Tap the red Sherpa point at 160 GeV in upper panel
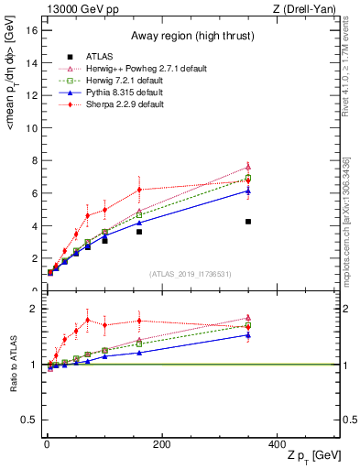(x=139, y=190)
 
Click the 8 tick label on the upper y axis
(x=33, y=160)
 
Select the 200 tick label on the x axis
(x=162, y=444)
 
